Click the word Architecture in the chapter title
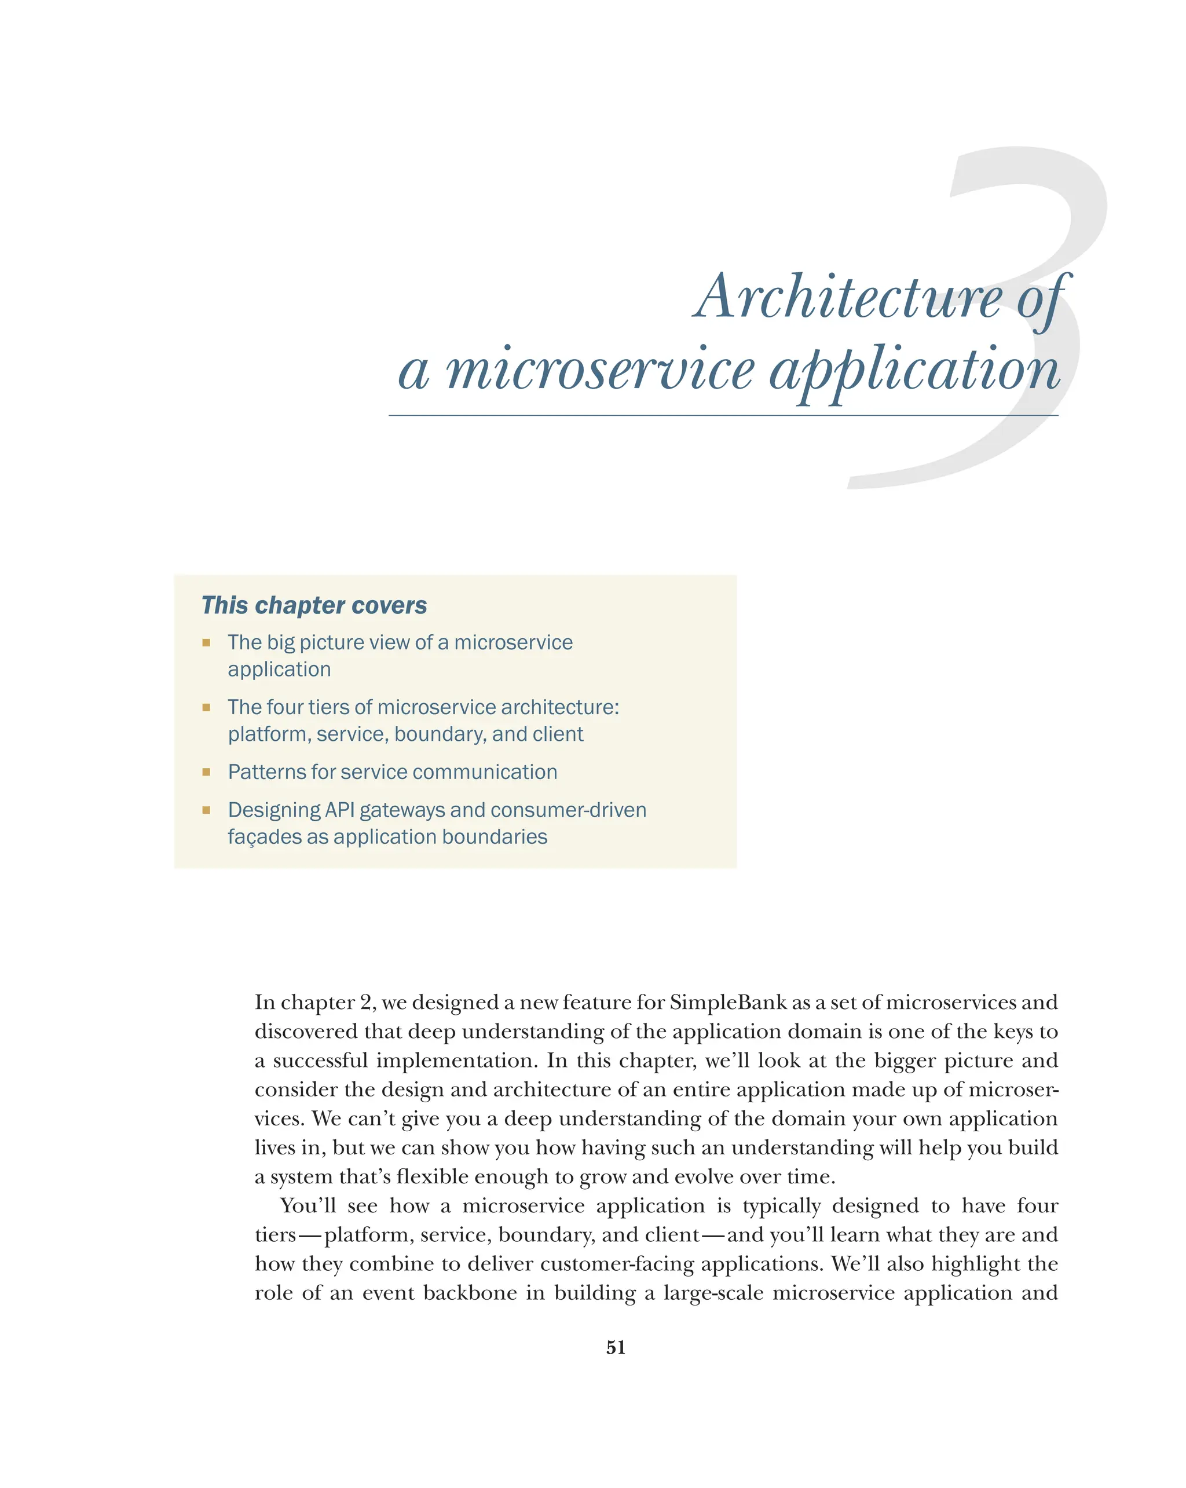pyautogui.click(x=847, y=297)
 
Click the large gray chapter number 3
pyautogui.click(x=1035, y=207)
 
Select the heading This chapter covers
pyautogui.click(x=314, y=605)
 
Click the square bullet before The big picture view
pyautogui.click(x=206, y=642)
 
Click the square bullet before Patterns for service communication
pyautogui.click(x=206, y=772)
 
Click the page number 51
pyautogui.click(x=616, y=1347)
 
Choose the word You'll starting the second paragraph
pyautogui.click(x=308, y=1206)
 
